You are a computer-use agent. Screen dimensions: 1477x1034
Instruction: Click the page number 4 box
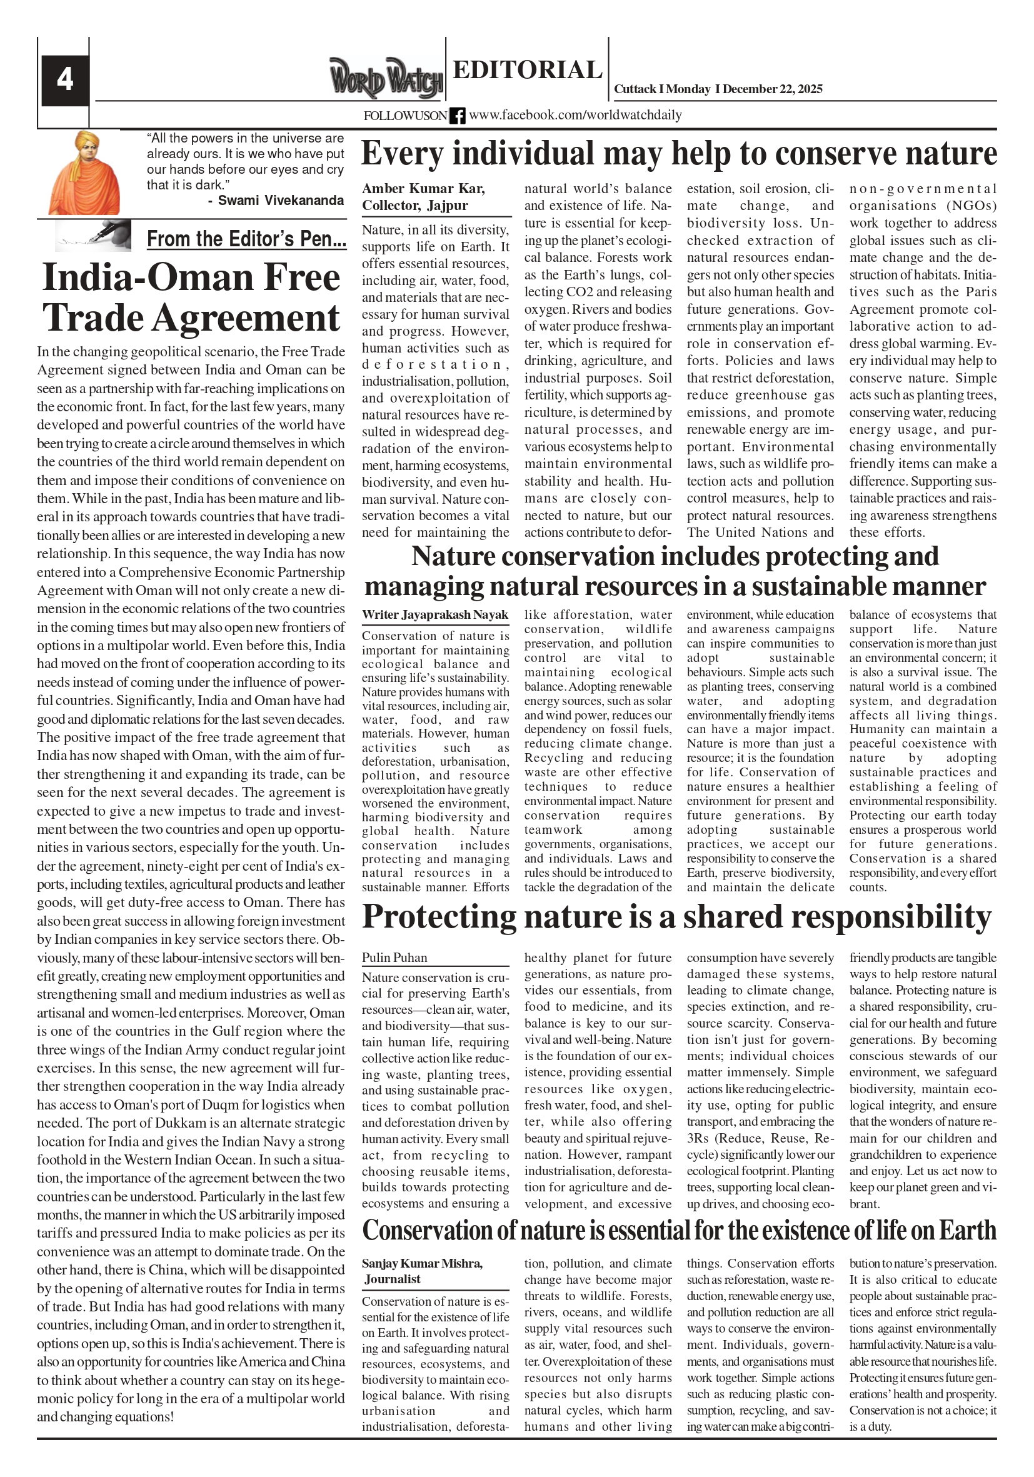coord(65,80)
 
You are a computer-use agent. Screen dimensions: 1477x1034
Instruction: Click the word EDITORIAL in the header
coord(527,69)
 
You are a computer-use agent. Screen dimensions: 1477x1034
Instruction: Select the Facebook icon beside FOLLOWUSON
coord(457,116)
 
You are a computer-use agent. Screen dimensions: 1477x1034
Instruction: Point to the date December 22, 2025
coord(772,89)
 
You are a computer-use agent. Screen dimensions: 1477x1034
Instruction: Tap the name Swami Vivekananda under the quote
coord(281,201)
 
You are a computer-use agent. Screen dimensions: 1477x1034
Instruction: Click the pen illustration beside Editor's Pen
coord(93,236)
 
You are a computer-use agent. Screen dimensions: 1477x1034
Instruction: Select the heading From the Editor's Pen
coord(246,239)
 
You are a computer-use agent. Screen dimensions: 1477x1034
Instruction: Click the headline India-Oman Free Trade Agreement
coord(191,297)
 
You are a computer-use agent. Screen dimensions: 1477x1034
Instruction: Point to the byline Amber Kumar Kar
coord(423,189)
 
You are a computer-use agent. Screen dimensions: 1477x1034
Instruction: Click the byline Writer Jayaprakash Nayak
coord(435,615)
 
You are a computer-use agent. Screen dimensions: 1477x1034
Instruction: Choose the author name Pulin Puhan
coord(394,958)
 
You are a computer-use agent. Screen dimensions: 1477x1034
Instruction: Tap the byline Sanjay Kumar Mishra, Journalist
coord(422,1271)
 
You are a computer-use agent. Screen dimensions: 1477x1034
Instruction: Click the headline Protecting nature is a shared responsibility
coord(677,917)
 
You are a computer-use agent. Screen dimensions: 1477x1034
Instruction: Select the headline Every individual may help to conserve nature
coord(679,154)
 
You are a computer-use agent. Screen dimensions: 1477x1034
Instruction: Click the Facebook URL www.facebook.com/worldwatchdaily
coord(575,115)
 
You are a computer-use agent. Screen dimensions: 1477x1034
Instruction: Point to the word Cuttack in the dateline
coord(635,89)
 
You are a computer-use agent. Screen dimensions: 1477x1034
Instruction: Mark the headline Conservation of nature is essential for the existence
coord(679,1231)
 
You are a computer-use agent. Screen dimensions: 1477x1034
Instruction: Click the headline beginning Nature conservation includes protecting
coord(675,571)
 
